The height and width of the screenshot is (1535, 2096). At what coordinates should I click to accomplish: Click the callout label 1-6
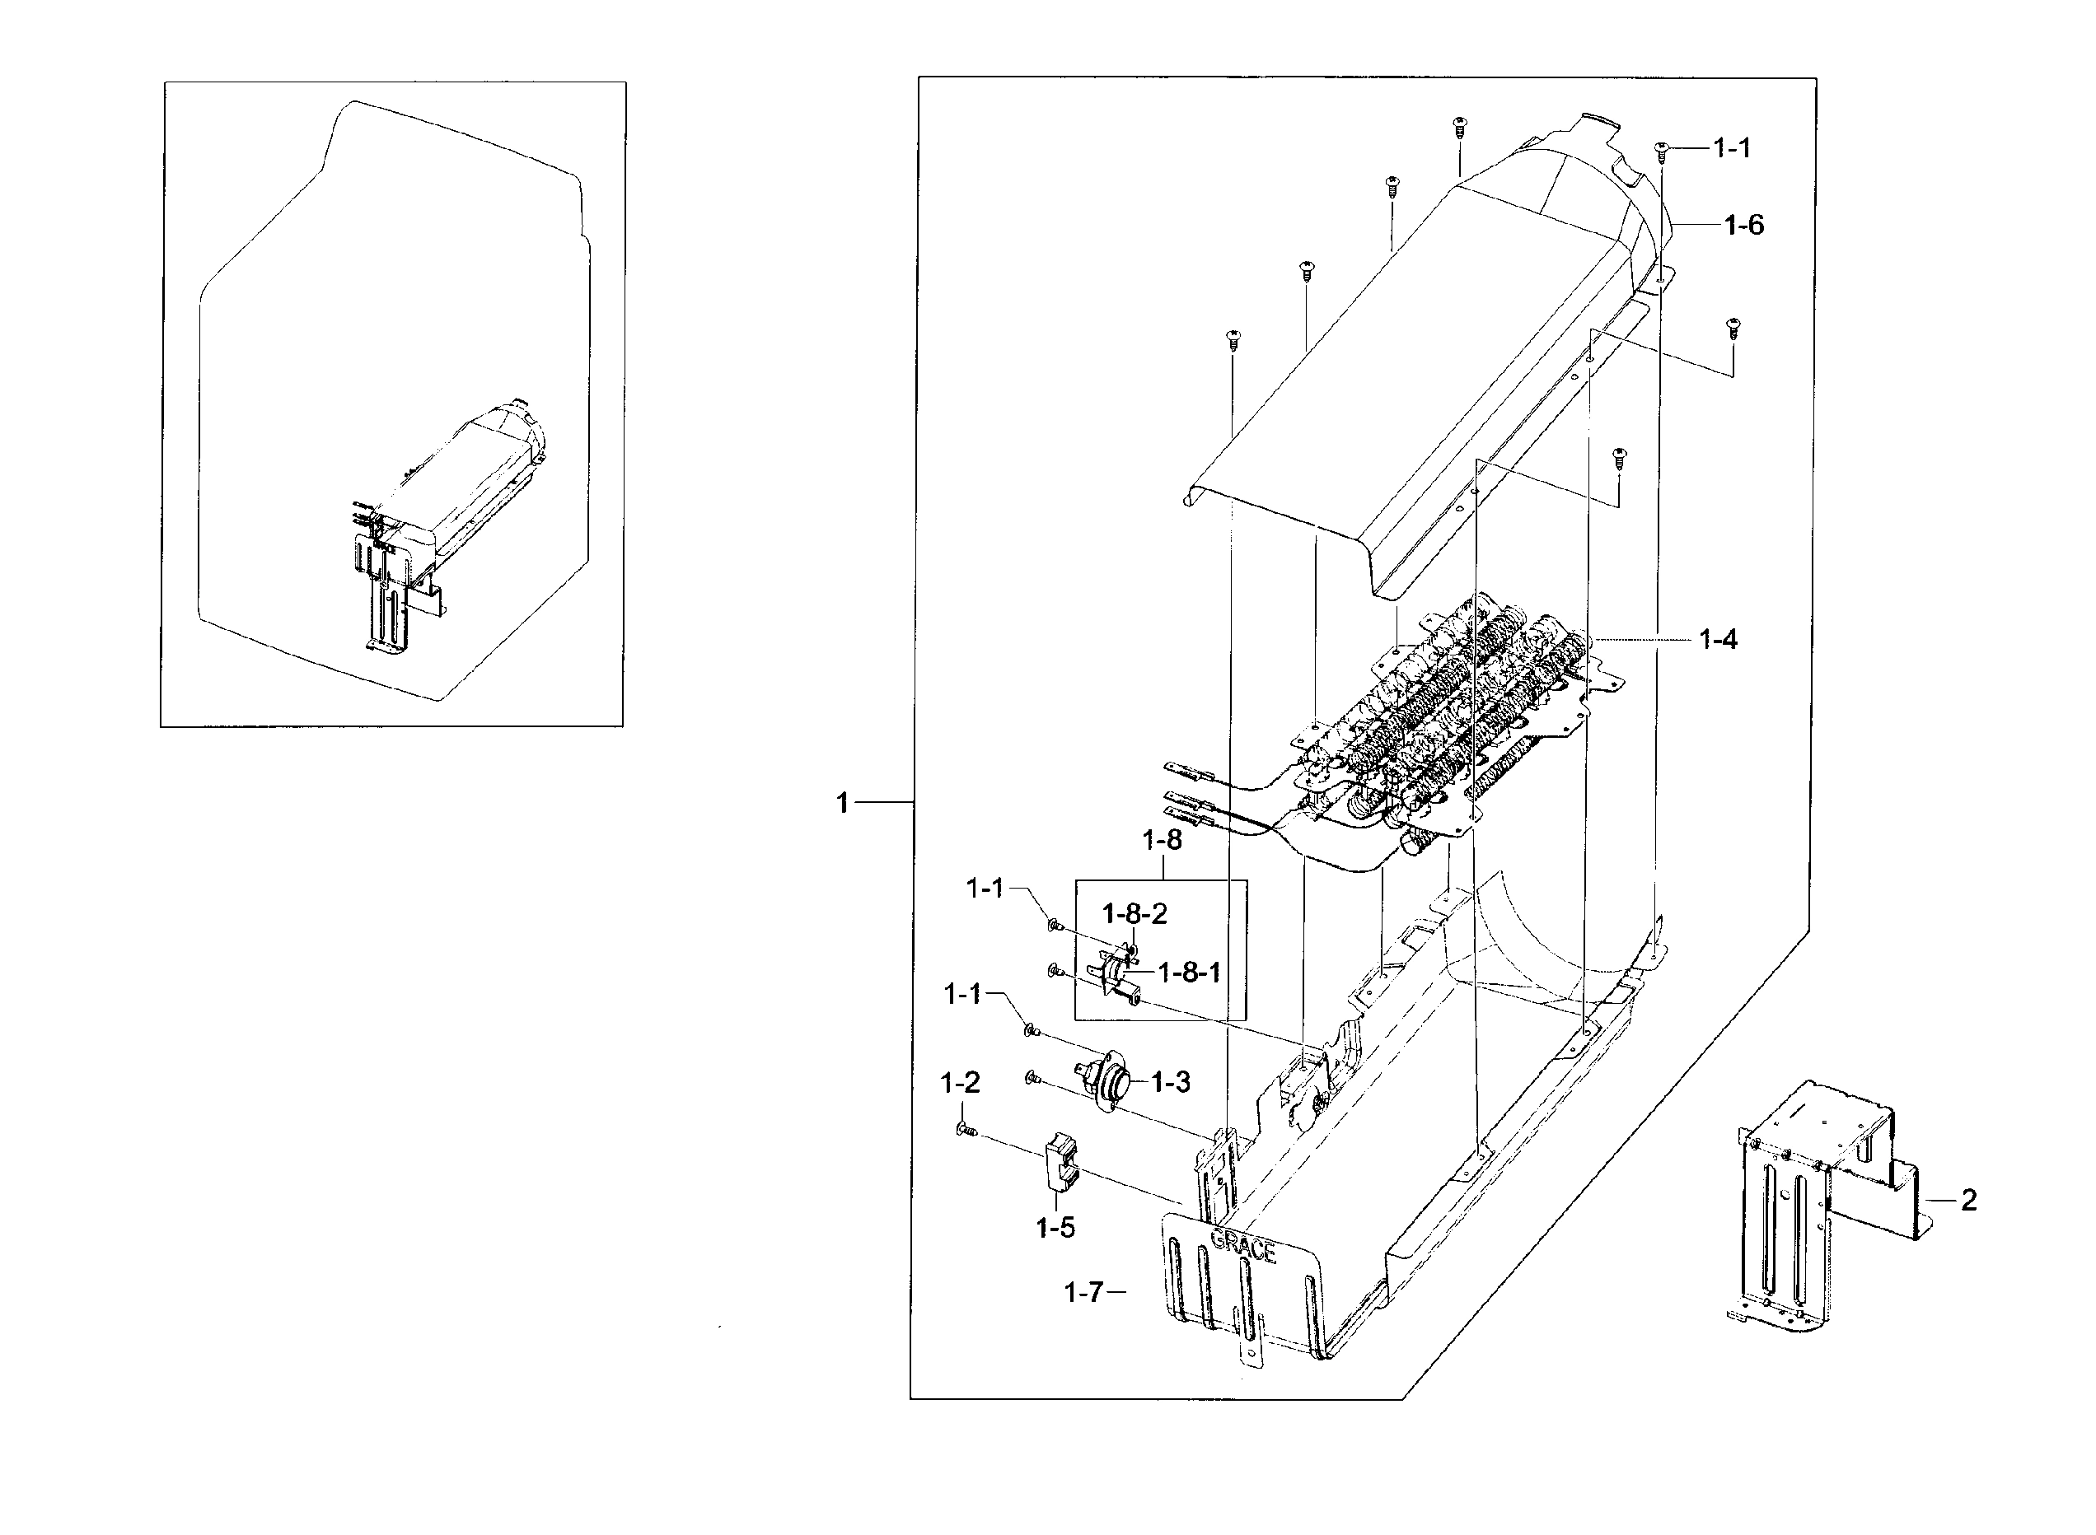point(1743,225)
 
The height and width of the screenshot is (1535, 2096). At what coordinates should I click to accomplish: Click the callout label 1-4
point(1717,639)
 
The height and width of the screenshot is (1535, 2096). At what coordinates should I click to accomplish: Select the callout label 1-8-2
point(1134,914)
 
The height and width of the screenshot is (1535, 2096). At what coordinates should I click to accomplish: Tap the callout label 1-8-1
point(1188,973)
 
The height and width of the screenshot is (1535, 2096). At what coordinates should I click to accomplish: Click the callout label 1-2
point(959,1083)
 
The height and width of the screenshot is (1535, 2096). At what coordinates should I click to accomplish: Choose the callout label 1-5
point(1055,1229)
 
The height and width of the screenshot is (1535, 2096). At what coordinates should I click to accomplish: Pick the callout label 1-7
point(1083,1293)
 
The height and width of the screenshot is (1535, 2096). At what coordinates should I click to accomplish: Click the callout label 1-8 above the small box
point(1161,840)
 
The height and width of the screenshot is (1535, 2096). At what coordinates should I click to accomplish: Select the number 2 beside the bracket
point(1967,1201)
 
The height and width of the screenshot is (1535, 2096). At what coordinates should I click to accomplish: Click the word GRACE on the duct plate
point(1242,1244)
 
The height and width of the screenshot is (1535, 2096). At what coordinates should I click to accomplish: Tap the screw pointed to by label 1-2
point(965,1130)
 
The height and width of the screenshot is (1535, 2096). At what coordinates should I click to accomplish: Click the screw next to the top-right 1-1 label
point(1662,149)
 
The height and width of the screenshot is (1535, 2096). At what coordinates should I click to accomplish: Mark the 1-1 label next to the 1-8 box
point(985,889)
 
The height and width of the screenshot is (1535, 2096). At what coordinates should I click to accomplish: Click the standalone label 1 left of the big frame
point(842,803)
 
